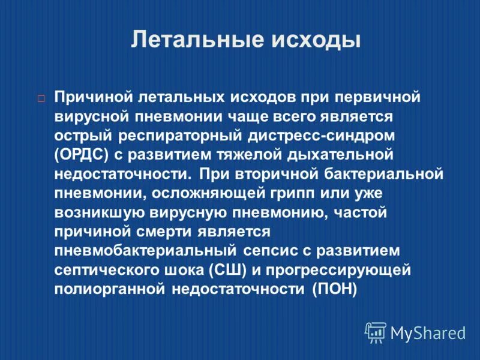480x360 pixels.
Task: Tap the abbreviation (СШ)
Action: (x=227, y=270)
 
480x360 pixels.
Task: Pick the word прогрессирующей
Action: (x=340, y=270)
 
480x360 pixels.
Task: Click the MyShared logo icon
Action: (x=376, y=331)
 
